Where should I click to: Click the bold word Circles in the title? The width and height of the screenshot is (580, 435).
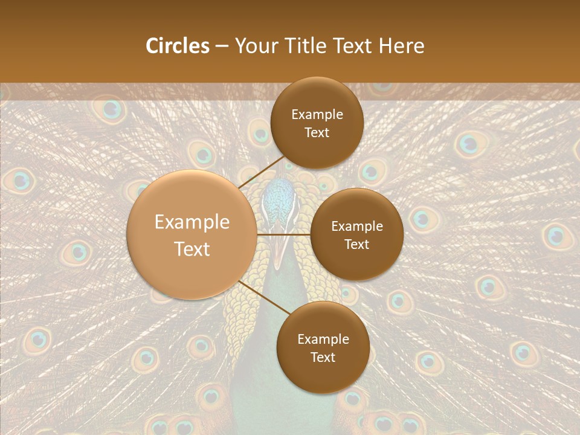[177, 46]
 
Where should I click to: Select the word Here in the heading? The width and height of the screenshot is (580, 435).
[402, 46]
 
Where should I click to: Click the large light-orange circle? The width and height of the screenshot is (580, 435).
[192, 234]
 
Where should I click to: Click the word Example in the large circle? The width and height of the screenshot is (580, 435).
[192, 222]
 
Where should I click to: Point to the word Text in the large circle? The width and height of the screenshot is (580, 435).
[192, 249]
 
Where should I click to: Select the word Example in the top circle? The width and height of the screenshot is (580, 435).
[317, 115]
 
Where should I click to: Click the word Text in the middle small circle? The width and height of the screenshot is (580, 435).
[356, 245]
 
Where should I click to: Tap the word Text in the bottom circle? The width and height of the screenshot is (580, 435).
[323, 357]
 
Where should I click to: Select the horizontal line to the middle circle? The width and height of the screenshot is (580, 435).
[284, 234]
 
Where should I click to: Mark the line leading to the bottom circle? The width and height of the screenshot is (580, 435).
[263, 297]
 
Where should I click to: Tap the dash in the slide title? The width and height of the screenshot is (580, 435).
[222, 46]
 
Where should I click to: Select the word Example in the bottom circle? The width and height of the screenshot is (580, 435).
[323, 339]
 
